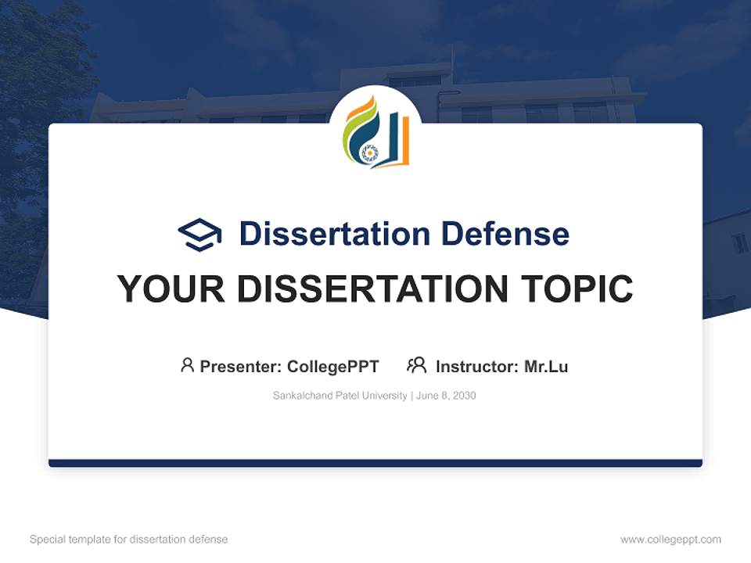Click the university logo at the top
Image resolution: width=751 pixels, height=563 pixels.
coord(375,132)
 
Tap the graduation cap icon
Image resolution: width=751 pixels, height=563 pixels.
coord(199,234)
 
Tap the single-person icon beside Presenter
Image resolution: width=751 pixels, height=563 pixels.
coord(187,365)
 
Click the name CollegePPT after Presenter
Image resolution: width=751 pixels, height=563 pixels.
coord(333,367)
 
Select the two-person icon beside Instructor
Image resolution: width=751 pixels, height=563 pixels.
coord(416,365)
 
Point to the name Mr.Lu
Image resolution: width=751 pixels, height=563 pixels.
coord(546,367)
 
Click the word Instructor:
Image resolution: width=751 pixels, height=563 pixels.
coord(477,367)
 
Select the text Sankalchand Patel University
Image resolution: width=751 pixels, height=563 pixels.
coord(340,396)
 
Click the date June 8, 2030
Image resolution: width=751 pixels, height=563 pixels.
coord(446,396)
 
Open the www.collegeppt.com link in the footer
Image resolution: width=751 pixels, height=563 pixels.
coord(670,540)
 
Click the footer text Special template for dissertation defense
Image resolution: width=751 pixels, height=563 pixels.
coord(129,540)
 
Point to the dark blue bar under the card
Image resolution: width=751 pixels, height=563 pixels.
coord(375,463)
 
